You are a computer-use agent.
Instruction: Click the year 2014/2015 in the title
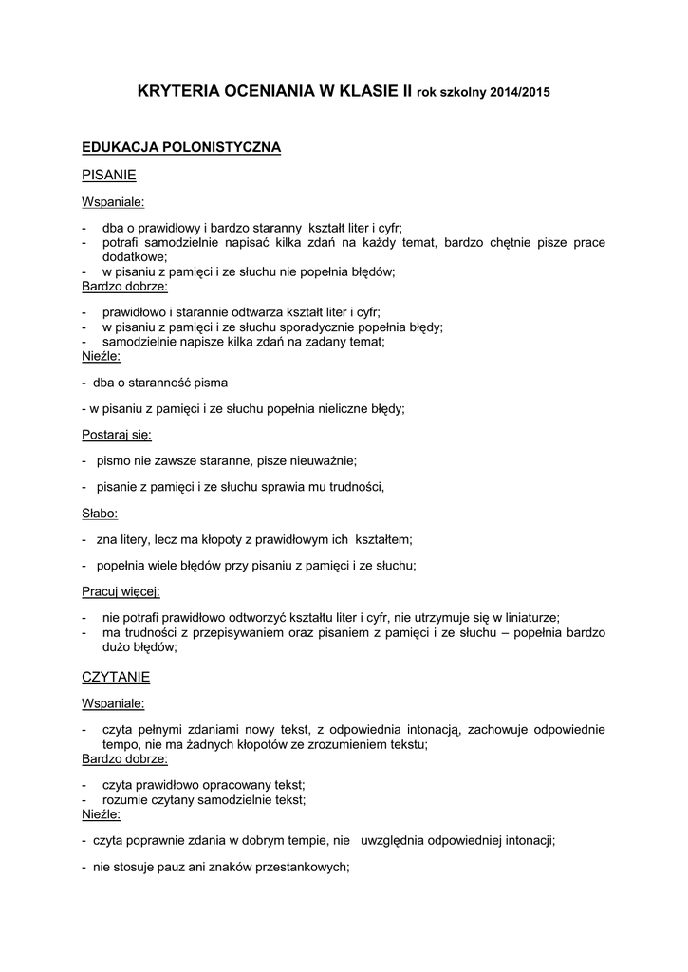[x=520, y=93]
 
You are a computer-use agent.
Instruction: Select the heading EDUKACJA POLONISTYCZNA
[x=181, y=148]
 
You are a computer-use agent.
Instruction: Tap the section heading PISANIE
[x=109, y=175]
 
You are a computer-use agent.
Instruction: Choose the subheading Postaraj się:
[x=117, y=435]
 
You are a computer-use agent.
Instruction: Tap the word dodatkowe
[x=133, y=256]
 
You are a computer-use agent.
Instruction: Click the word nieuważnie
[x=325, y=460]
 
